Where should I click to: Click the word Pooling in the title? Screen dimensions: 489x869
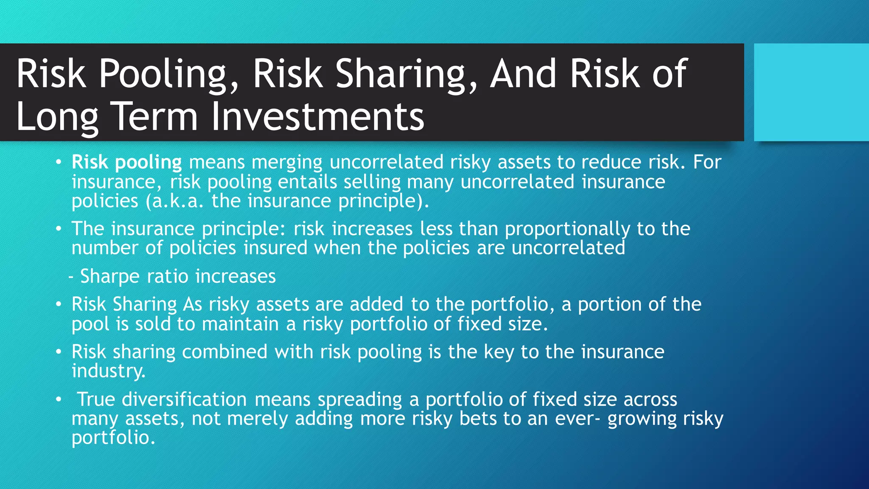(169, 74)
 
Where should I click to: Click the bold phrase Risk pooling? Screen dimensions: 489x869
(126, 162)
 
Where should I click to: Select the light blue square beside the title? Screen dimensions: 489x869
(811, 92)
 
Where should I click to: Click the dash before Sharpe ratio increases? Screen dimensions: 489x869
(71, 276)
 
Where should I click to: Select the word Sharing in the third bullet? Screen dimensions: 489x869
(145, 304)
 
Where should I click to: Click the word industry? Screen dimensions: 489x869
(108, 371)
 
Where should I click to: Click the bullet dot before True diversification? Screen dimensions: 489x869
(59, 399)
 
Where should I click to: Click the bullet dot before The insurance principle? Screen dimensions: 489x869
(59, 229)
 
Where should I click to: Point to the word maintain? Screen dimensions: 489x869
(240, 324)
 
